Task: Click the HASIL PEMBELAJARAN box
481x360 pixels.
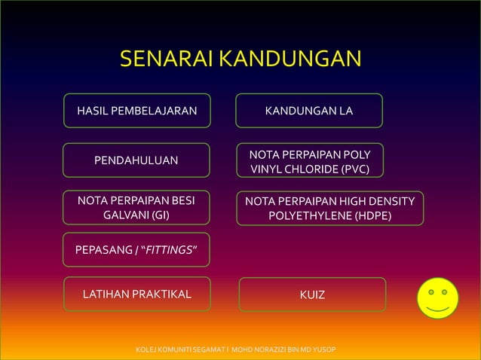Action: (x=136, y=111)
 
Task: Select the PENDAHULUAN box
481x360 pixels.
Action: (x=136, y=160)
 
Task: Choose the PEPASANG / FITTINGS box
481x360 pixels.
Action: (x=136, y=249)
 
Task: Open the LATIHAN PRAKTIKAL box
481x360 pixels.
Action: (x=136, y=294)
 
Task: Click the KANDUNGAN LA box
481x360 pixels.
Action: (x=309, y=111)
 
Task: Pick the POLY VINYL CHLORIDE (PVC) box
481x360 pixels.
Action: (x=309, y=160)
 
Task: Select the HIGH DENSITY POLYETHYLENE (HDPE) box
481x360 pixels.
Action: (x=329, y=209)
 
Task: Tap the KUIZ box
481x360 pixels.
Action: (x=312, y=294)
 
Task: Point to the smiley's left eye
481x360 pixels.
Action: (x=428, y=290)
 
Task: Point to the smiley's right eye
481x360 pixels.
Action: (x=447, y=290)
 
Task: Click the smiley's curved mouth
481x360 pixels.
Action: (x=437, y=308)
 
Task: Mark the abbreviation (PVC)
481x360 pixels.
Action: (x=354, y=168)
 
